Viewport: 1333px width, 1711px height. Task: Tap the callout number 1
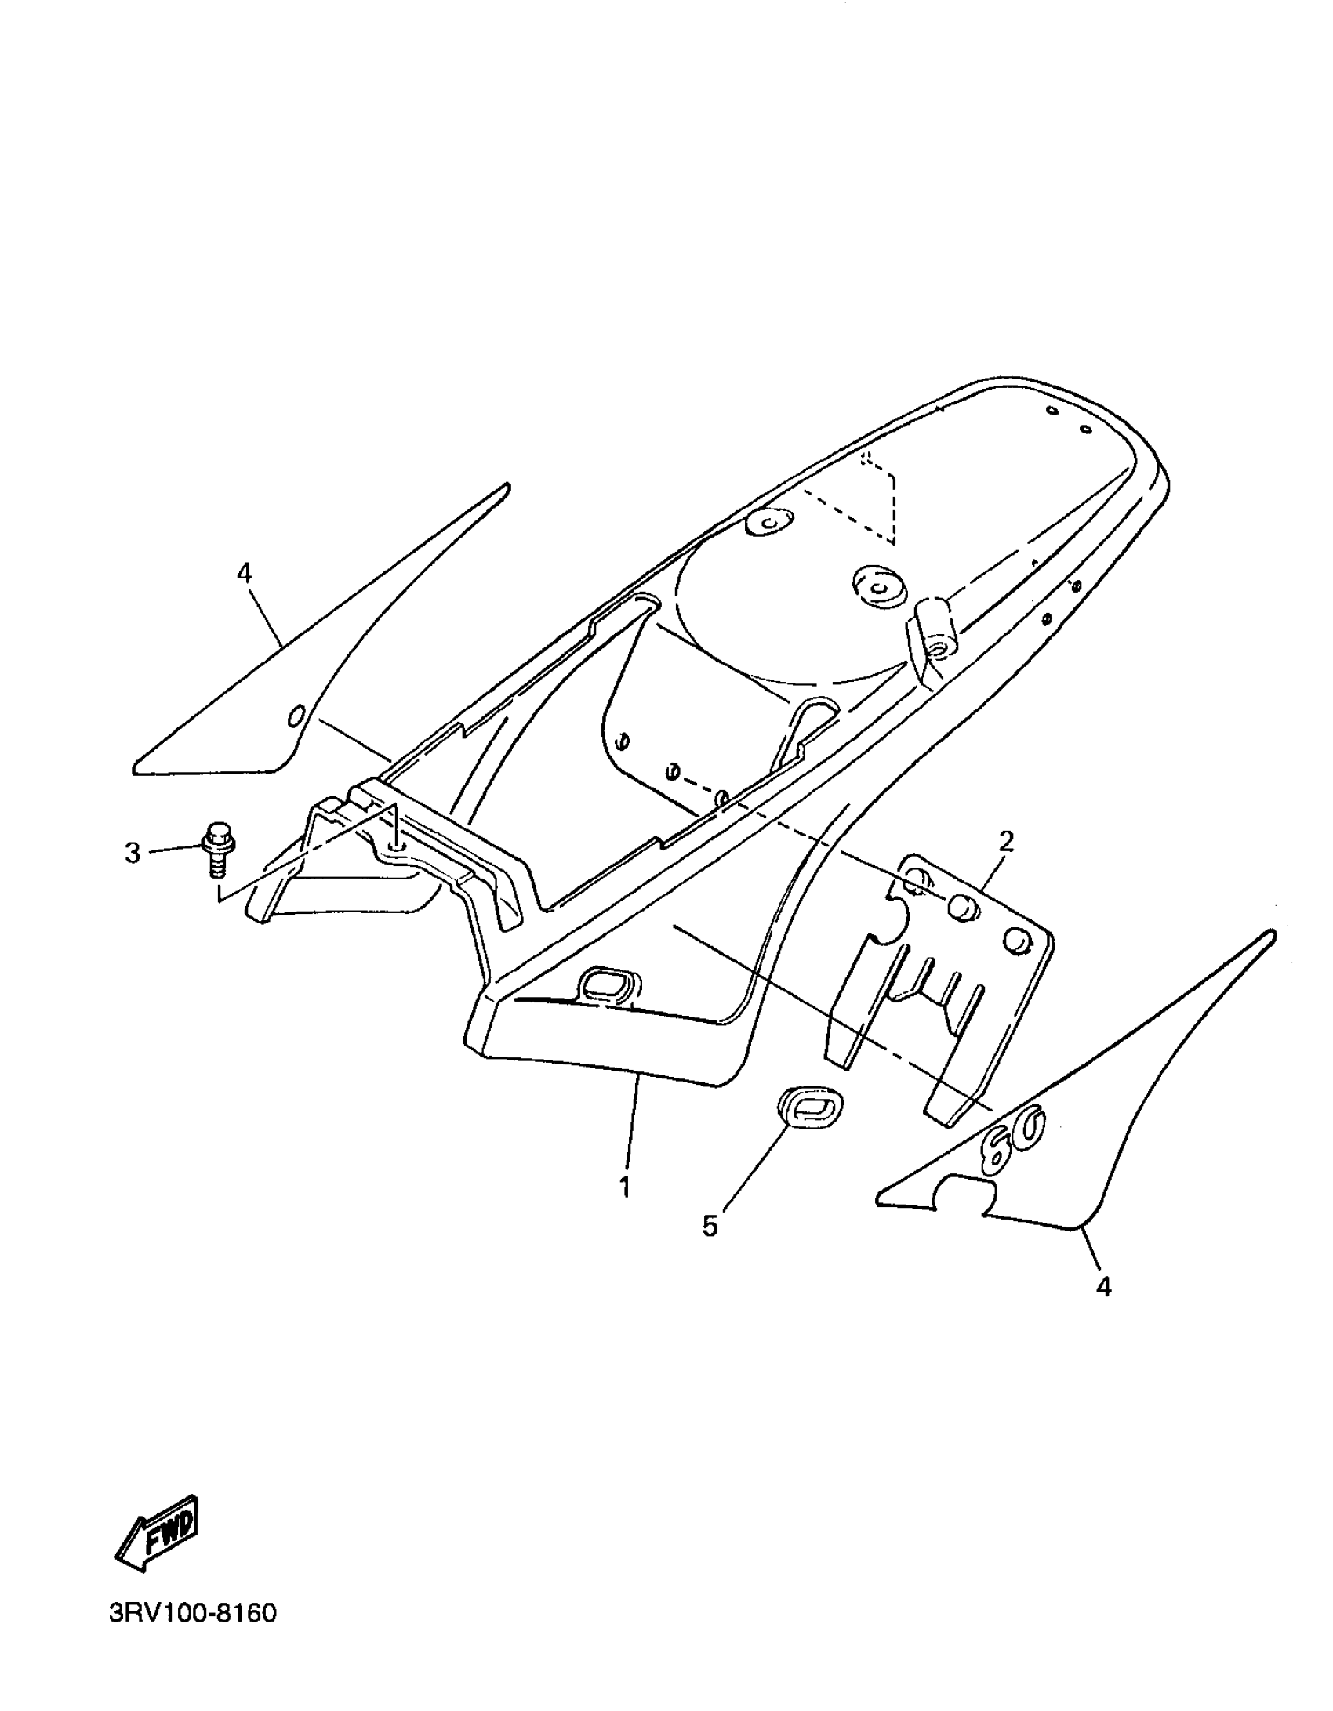[624, 1188]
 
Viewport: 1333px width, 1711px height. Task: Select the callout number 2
[1006, 841]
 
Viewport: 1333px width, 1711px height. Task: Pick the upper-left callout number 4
[245, 574]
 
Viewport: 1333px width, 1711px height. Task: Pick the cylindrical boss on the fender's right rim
[932, 627]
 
